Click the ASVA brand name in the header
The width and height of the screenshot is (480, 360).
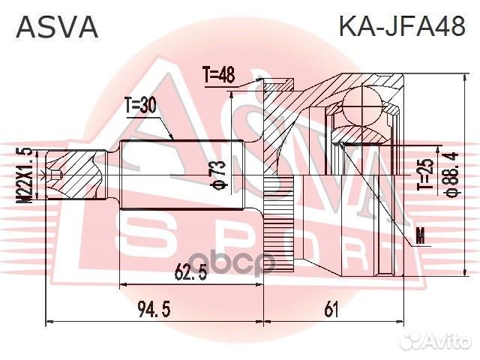click(57, 26)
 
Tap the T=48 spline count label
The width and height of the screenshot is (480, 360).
click(219, 74)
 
